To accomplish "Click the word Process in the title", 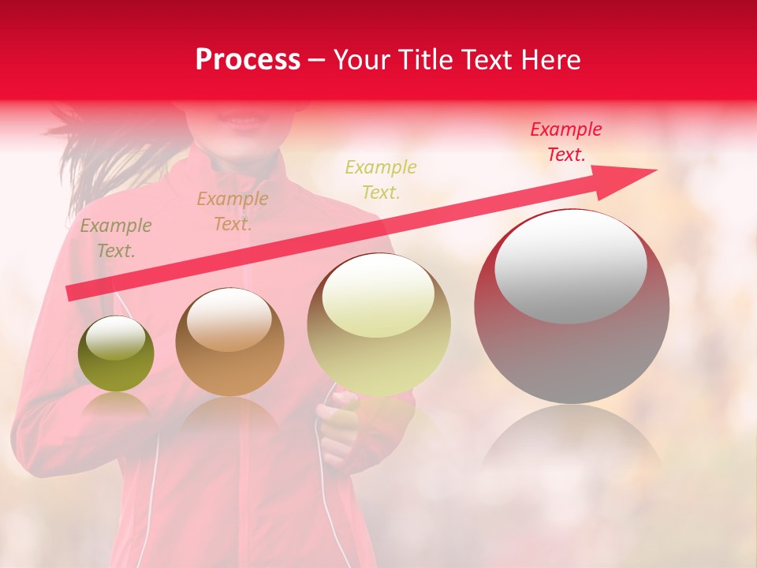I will [248, 60].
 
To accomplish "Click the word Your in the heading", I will [364, 60].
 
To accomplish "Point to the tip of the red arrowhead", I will [656, 170].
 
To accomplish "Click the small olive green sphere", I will [116, 354].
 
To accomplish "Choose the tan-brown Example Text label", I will [233, 211].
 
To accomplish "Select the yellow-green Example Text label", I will [381, 180].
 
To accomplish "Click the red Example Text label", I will [566, 142].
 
